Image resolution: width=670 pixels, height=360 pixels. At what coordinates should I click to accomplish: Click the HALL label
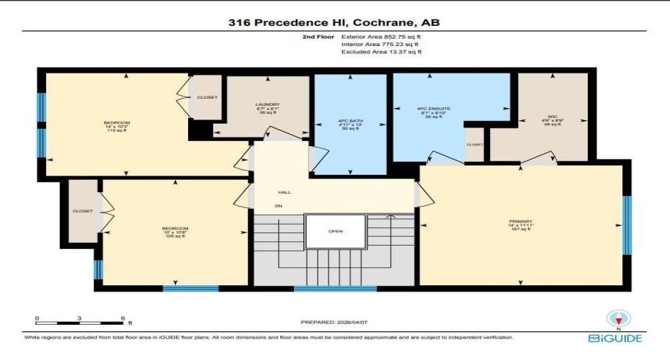(x=285, y=192)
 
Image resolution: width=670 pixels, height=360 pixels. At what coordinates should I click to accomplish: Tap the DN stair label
(x=278, y=206)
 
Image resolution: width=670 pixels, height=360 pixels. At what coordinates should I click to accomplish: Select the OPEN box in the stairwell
(x=336, y=231)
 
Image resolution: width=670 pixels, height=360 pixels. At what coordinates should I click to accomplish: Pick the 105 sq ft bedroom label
(x=174, y=232)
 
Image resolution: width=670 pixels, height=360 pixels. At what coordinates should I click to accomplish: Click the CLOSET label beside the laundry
(x=207, y=97)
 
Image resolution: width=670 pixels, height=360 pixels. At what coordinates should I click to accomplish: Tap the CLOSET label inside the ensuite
(x=475, y=144)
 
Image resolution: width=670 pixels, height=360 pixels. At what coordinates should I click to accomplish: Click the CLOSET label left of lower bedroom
(x=83, y=212)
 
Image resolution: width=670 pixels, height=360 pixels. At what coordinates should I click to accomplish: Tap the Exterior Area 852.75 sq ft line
(x=381, y=36)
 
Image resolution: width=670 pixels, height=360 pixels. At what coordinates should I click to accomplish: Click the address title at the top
(x=334, y=22)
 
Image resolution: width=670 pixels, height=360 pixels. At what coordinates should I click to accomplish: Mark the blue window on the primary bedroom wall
(x=626, y=225)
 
